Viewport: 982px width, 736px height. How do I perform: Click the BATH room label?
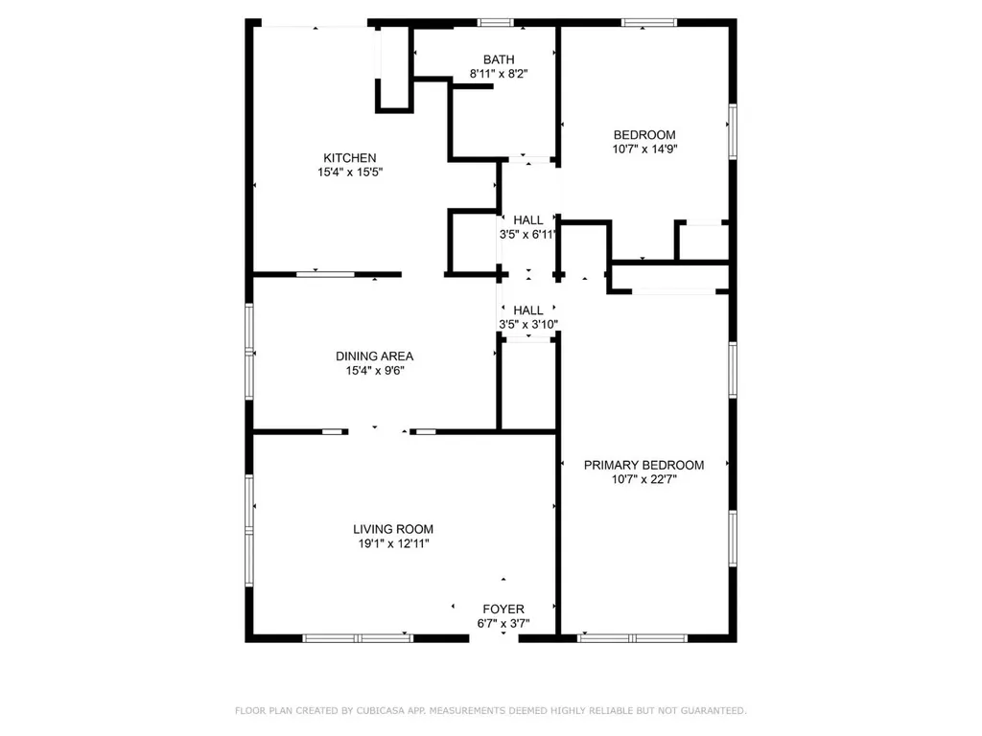tap(499, 59)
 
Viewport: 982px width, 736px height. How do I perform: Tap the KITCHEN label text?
tap(349, 158)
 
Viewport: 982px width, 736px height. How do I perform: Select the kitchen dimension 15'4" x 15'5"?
tap(350, 172)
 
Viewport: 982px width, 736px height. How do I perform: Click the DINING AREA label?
tap(375, 356)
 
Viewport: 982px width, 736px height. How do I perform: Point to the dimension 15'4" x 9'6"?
tap(375, 371)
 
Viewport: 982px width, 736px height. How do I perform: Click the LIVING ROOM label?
tap(392, 529)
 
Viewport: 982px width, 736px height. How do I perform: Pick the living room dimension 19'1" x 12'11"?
tap(393, 543)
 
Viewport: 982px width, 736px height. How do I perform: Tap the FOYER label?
tap(503, 609)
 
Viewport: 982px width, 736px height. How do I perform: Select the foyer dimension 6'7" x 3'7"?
tap(503, 623)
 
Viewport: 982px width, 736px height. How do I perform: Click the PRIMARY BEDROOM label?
tap(643, 465)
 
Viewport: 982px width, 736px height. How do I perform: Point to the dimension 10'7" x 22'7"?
tap(644, 479)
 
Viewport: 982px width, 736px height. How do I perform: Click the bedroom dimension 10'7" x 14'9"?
tap(645, 149)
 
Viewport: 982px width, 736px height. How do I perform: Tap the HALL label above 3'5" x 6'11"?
tap(528, 220)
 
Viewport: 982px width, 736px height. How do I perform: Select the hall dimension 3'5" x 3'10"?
tap(528, 324)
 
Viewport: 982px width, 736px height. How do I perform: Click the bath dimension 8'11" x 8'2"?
tap(499, 74)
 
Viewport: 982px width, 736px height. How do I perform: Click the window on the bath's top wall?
tap(496, 23)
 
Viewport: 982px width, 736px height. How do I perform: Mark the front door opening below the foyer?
tap(494, 638)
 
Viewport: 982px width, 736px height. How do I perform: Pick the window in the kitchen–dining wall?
tap(325, 275)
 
